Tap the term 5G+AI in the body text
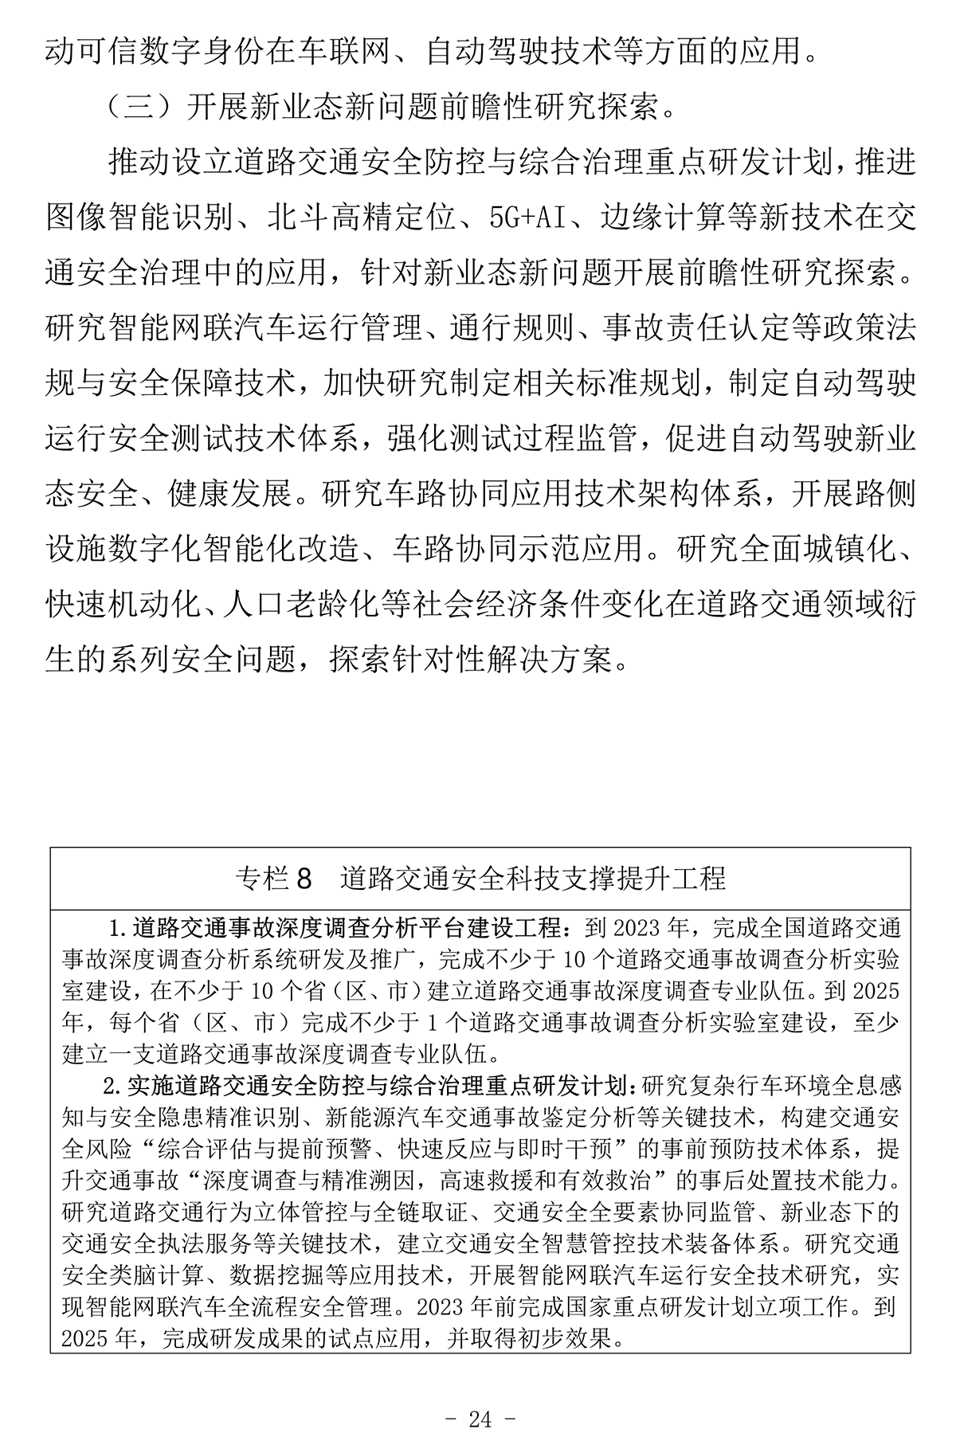pos(527,217)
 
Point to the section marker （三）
pos(141,106)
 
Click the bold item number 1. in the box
pos(118,929)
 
